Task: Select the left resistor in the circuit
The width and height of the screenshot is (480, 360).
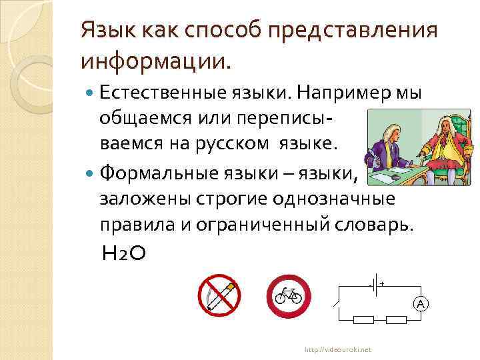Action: pyautogui.click(x=363, y=320)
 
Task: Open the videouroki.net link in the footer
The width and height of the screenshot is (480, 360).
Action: pyautogui.click(x=339, y=349)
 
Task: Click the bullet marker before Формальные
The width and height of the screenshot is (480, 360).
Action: pyautogui.click(x=91, y=175)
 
